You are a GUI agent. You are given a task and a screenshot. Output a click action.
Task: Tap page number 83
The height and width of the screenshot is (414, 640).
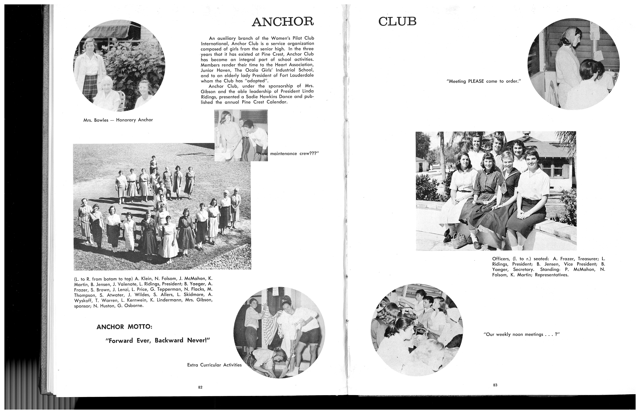495,385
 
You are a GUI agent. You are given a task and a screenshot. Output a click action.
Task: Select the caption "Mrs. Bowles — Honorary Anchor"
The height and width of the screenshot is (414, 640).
118,120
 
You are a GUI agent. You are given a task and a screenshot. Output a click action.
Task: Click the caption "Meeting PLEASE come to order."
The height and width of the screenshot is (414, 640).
484,81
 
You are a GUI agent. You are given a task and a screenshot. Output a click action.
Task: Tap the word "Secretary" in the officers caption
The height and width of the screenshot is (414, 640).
523,269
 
